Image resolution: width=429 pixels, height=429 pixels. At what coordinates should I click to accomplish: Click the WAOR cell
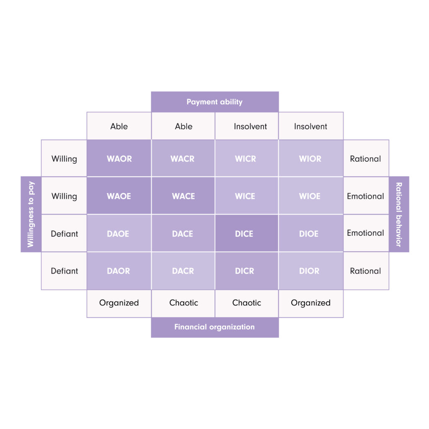[x=119, y=158]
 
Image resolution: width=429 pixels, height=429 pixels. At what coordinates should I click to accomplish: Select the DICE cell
[x=247, y=233]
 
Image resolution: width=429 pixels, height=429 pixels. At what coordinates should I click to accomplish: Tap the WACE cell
[x=183, y=196]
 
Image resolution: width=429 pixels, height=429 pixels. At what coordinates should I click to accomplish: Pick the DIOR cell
[x=311, y=271]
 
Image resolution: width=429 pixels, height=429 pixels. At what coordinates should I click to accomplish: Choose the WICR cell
[x=247, y=158]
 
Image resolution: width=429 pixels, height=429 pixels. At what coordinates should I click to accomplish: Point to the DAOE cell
[x=119, y=233]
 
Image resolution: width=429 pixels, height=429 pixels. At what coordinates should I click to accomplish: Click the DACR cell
[x=183, y=271]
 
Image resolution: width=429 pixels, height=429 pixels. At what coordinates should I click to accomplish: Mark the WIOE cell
[x=311, y=196]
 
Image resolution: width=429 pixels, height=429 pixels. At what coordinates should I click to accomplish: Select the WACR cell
[x=183, y=158]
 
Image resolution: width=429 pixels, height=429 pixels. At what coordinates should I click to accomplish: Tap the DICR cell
[x=247, y=271]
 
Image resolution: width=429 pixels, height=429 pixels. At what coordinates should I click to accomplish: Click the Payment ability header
[x=215, y=102]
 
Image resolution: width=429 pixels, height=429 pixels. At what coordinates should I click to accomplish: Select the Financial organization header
[x=215, y=327]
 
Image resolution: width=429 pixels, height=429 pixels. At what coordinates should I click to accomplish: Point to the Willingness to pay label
[x=31, y=214]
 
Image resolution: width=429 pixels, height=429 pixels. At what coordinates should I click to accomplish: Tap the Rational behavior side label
[x=399, y=214]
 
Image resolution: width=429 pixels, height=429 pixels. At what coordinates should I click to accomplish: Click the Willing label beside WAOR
[x=64, y=158]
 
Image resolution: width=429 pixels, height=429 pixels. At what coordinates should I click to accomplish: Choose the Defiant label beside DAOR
[x=64, y=271]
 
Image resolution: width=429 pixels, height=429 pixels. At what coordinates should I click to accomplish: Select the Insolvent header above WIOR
[x=311, y=126]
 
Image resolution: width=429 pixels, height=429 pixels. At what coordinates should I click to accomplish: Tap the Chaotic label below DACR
[x=183, y=303]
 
